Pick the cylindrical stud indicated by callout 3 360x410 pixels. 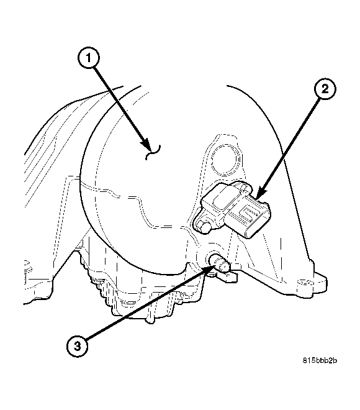pos(220,263)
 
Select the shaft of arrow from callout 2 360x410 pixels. pos(289,143)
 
